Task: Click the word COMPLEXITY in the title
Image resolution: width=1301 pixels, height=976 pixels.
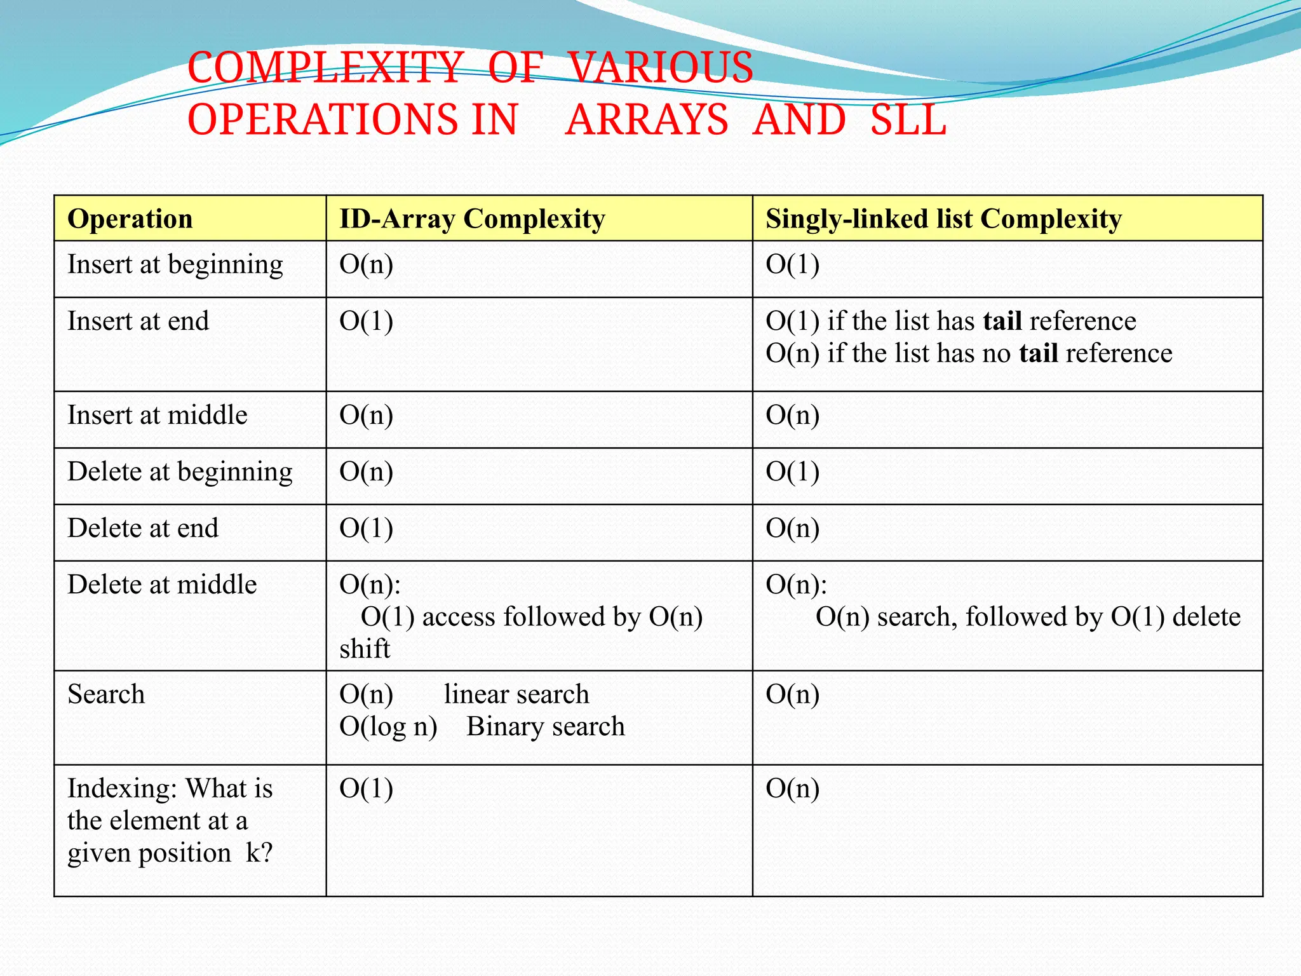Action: tap(325, 68)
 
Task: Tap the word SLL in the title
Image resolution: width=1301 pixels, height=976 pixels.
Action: tap(908, 120)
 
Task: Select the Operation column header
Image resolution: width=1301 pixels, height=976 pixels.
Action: tap(130, 219)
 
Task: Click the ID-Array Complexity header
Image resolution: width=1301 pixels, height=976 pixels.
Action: tap(472, 219)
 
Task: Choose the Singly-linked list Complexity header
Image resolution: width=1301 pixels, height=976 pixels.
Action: tap(943, 219)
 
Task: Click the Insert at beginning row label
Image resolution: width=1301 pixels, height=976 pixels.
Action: tap(175, 265)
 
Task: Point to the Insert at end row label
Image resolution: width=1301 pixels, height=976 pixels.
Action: tap(138, 322)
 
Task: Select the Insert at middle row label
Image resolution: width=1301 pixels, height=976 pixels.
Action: tap(157, 416)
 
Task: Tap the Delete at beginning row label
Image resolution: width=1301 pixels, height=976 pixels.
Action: tap(180, 472)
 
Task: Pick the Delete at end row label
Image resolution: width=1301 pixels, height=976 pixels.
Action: tap(143, 529)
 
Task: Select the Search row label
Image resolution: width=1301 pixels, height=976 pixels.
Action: tap(106, 695)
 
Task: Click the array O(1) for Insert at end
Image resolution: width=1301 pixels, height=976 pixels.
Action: tap(366, 322)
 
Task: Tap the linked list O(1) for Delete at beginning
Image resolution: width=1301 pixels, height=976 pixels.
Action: tap(792, 472)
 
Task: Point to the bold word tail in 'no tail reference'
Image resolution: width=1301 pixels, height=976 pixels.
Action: tap(1038, 354)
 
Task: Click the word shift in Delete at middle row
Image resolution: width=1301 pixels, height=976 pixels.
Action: tap(365, 649)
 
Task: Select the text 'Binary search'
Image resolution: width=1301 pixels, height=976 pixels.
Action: tap(545, 727)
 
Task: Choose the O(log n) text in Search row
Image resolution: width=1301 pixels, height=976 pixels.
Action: tap(388, 727)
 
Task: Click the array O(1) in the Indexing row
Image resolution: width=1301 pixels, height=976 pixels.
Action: tap(366, 789)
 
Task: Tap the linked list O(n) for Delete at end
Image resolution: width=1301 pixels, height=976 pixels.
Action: tap(792, 529)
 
